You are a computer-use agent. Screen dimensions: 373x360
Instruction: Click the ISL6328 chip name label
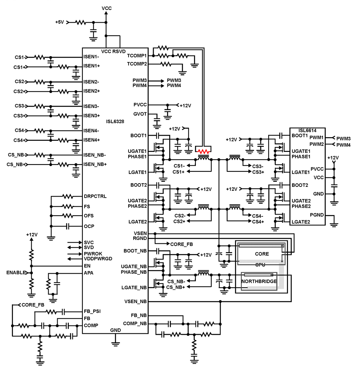tap(115, 122)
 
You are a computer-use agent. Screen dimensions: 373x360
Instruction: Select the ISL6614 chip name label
tap(308, 130)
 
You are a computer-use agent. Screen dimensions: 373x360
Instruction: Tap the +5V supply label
tap(59, 22)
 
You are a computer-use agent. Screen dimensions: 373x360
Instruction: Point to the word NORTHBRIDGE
tap(259, 281)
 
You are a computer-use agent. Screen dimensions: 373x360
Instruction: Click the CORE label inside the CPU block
tap(262, 254)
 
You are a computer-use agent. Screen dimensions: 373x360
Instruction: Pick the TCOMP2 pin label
tap(137, 64)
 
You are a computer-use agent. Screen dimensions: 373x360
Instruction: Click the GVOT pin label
tap(140, 114)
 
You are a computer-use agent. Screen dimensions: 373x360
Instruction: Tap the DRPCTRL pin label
tap(95, 197)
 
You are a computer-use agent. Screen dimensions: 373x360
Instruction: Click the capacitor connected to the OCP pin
tap(67, 226)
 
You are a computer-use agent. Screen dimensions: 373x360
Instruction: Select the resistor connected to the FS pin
tap(67, 207)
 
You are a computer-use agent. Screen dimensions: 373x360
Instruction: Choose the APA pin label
tap(89, 273)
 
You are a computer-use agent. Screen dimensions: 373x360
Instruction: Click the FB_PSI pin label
tap(92, 311)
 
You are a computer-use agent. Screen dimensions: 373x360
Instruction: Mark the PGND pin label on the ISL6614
tap(316, 215)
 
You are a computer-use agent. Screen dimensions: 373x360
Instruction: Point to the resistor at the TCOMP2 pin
tap(166, 64)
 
